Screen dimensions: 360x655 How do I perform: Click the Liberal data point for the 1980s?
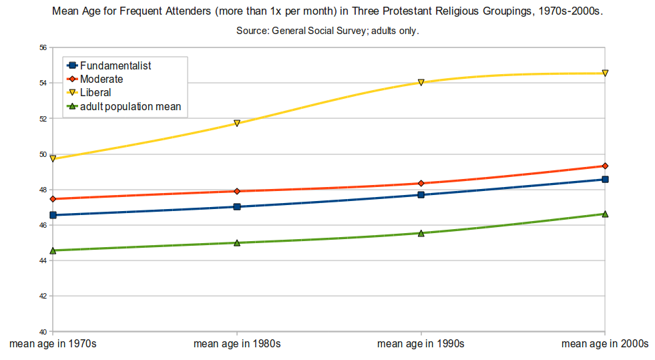tap(237, 124)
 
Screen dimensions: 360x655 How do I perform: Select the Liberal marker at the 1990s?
tap(421, 82)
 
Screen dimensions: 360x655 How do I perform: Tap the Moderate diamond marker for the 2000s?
tap(605, 166)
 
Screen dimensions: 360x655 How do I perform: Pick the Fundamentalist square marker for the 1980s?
tap(237, 206)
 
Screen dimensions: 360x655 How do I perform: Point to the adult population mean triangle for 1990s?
tap(421, 233)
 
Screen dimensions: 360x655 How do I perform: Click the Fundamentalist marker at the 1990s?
tap(421, 194)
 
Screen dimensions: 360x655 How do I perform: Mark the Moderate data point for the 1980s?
tap(237, 191)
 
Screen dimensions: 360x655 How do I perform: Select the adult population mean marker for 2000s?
tap(605, 214)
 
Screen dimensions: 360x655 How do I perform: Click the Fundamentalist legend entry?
tap(115, 65)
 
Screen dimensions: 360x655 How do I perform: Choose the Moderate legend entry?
tap(101, 79)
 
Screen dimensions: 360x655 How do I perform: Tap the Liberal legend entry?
tap(95, 92)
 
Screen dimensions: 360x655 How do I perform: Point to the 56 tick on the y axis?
tap(42, 48)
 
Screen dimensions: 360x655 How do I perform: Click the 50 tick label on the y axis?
tap(42, 154)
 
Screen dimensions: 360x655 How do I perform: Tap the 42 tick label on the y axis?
tap(42, 296)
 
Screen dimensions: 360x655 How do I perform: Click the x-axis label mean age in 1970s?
tap(53, 344)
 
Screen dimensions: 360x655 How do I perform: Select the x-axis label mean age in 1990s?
tap(421, 344)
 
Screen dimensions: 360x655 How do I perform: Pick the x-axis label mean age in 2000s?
tap(604, 344)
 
